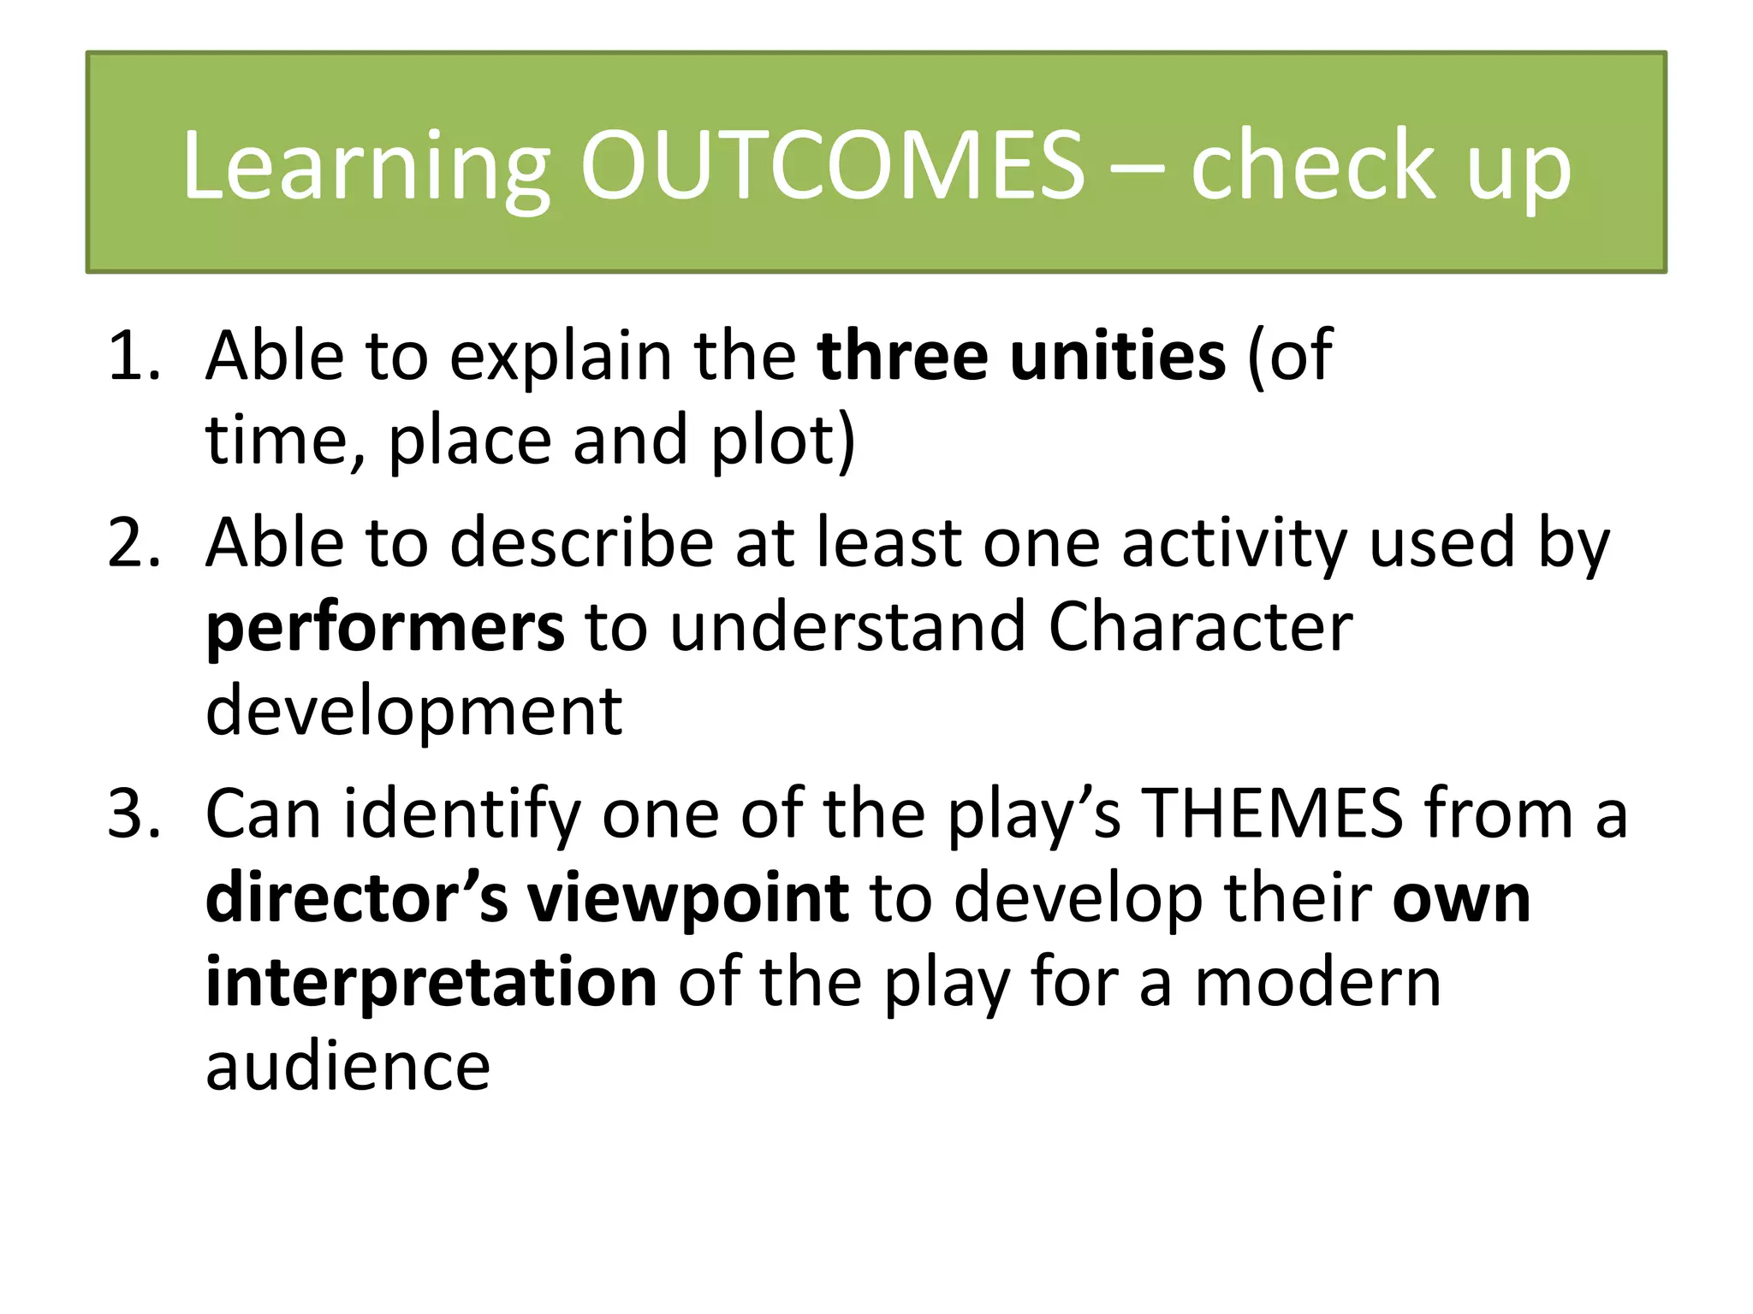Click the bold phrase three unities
click(x=1021, y=356)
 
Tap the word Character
click(x=1200, y=627)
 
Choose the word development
click(x=413, y=713)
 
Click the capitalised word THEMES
click(x=1274, y=814)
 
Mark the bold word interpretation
click(x=431, y=984)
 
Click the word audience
click(x=348, y=1068)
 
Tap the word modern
click(x=1317, y=984)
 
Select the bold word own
click(x=1461, y=900)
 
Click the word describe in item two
click(x=582, y=543)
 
